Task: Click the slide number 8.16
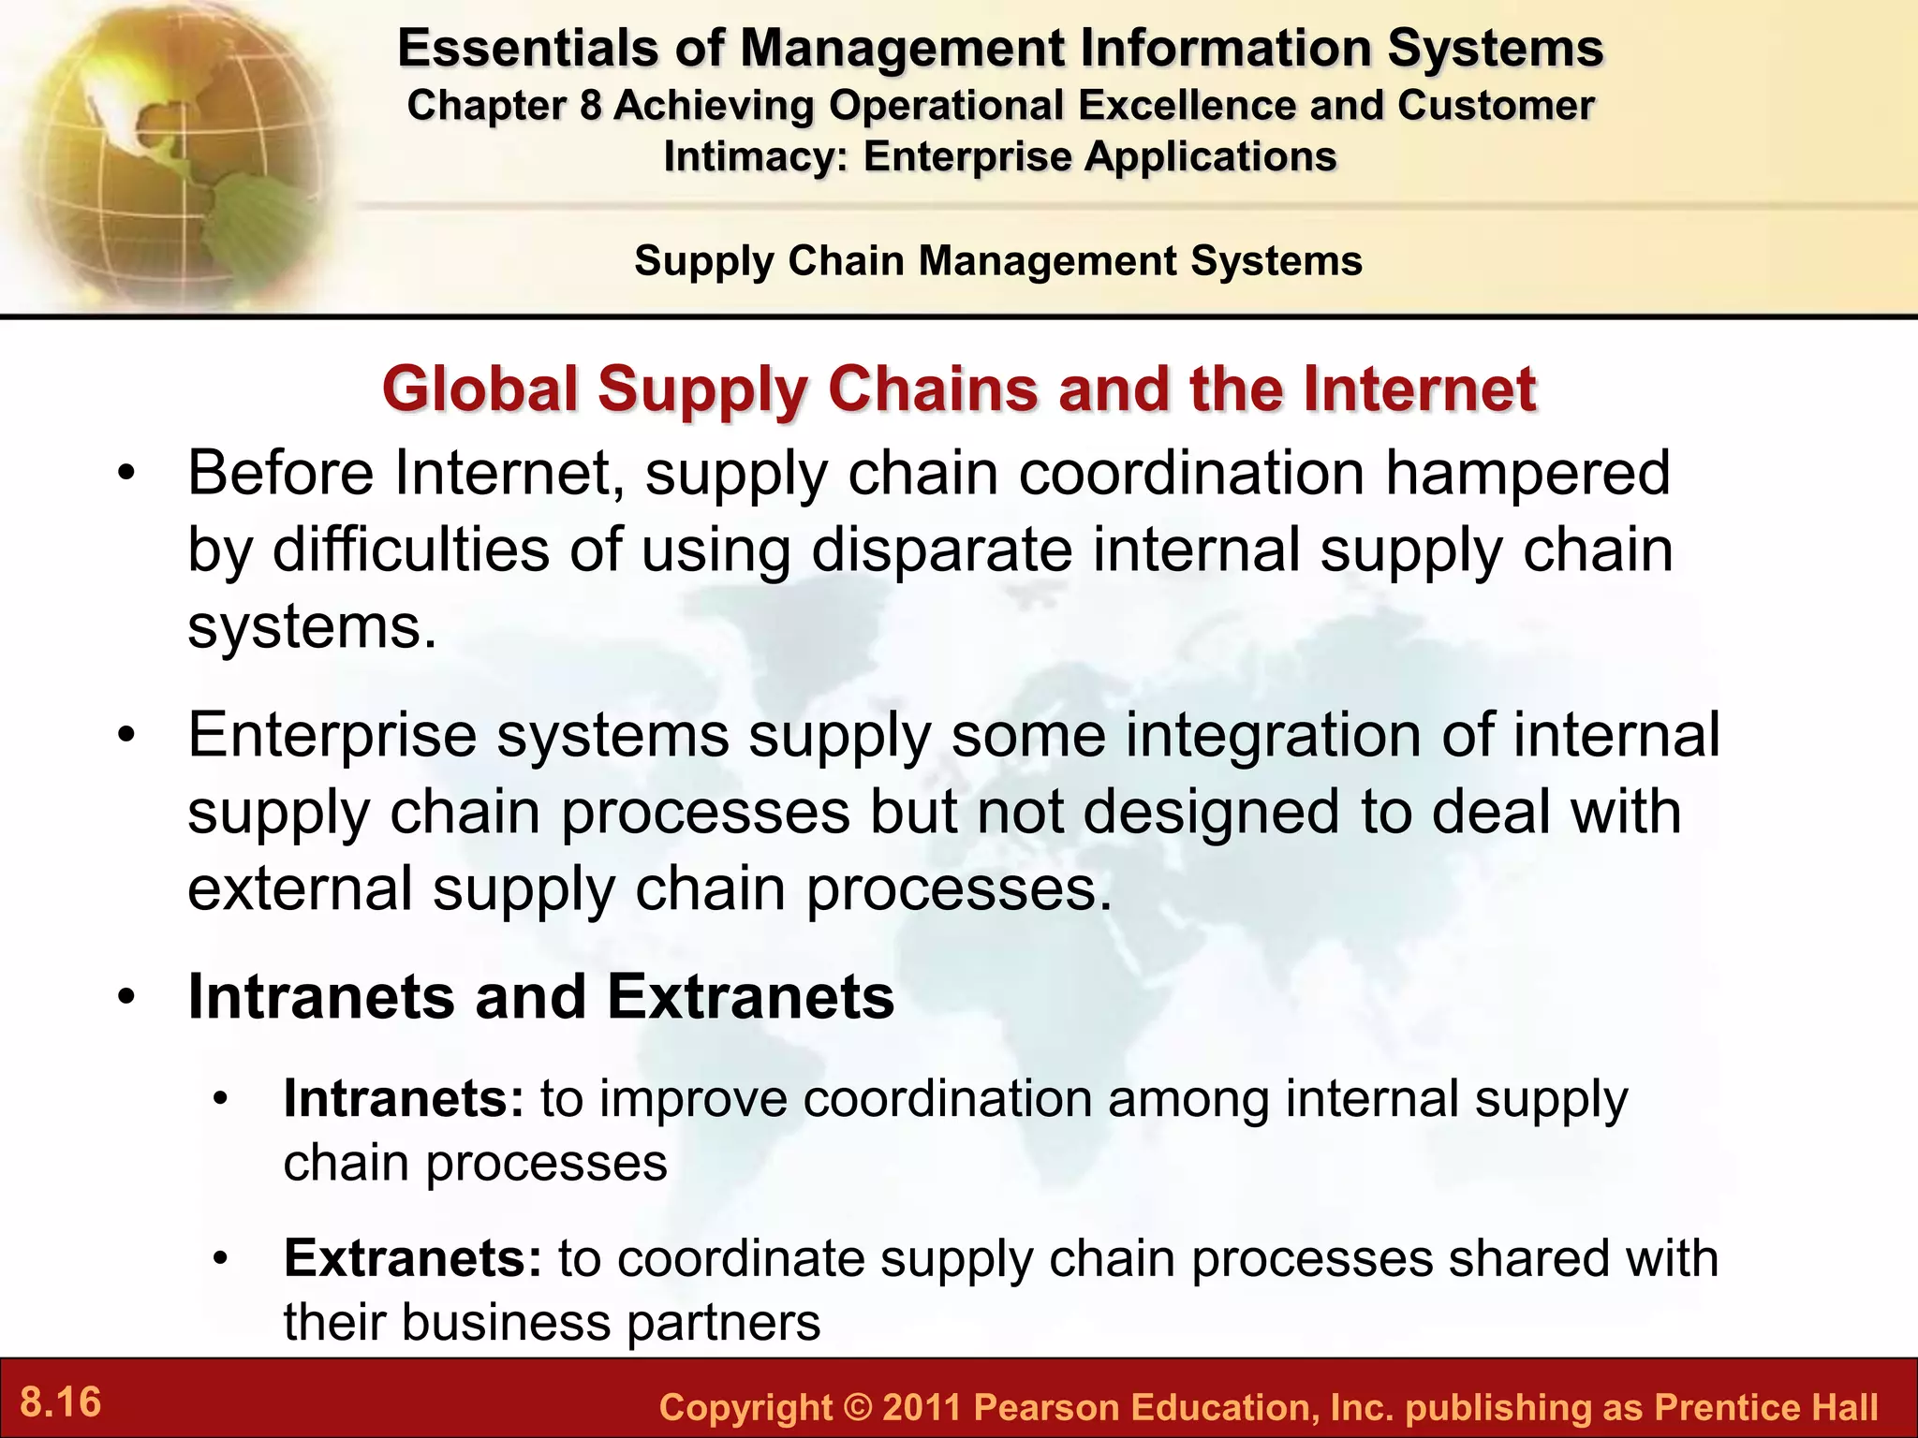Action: point(61,1402)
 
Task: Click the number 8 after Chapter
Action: point(590,106)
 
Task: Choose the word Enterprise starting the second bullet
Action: point(332,736)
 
